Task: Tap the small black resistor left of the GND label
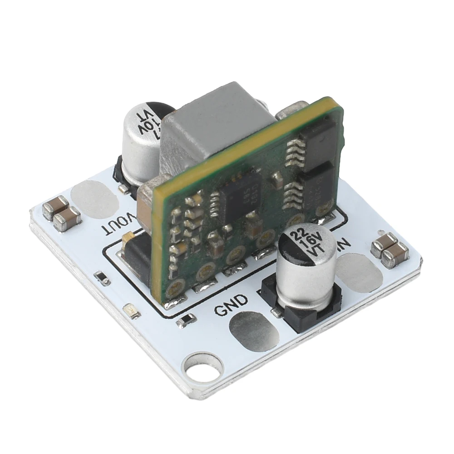pyautogui.click(x=187, y=321)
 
